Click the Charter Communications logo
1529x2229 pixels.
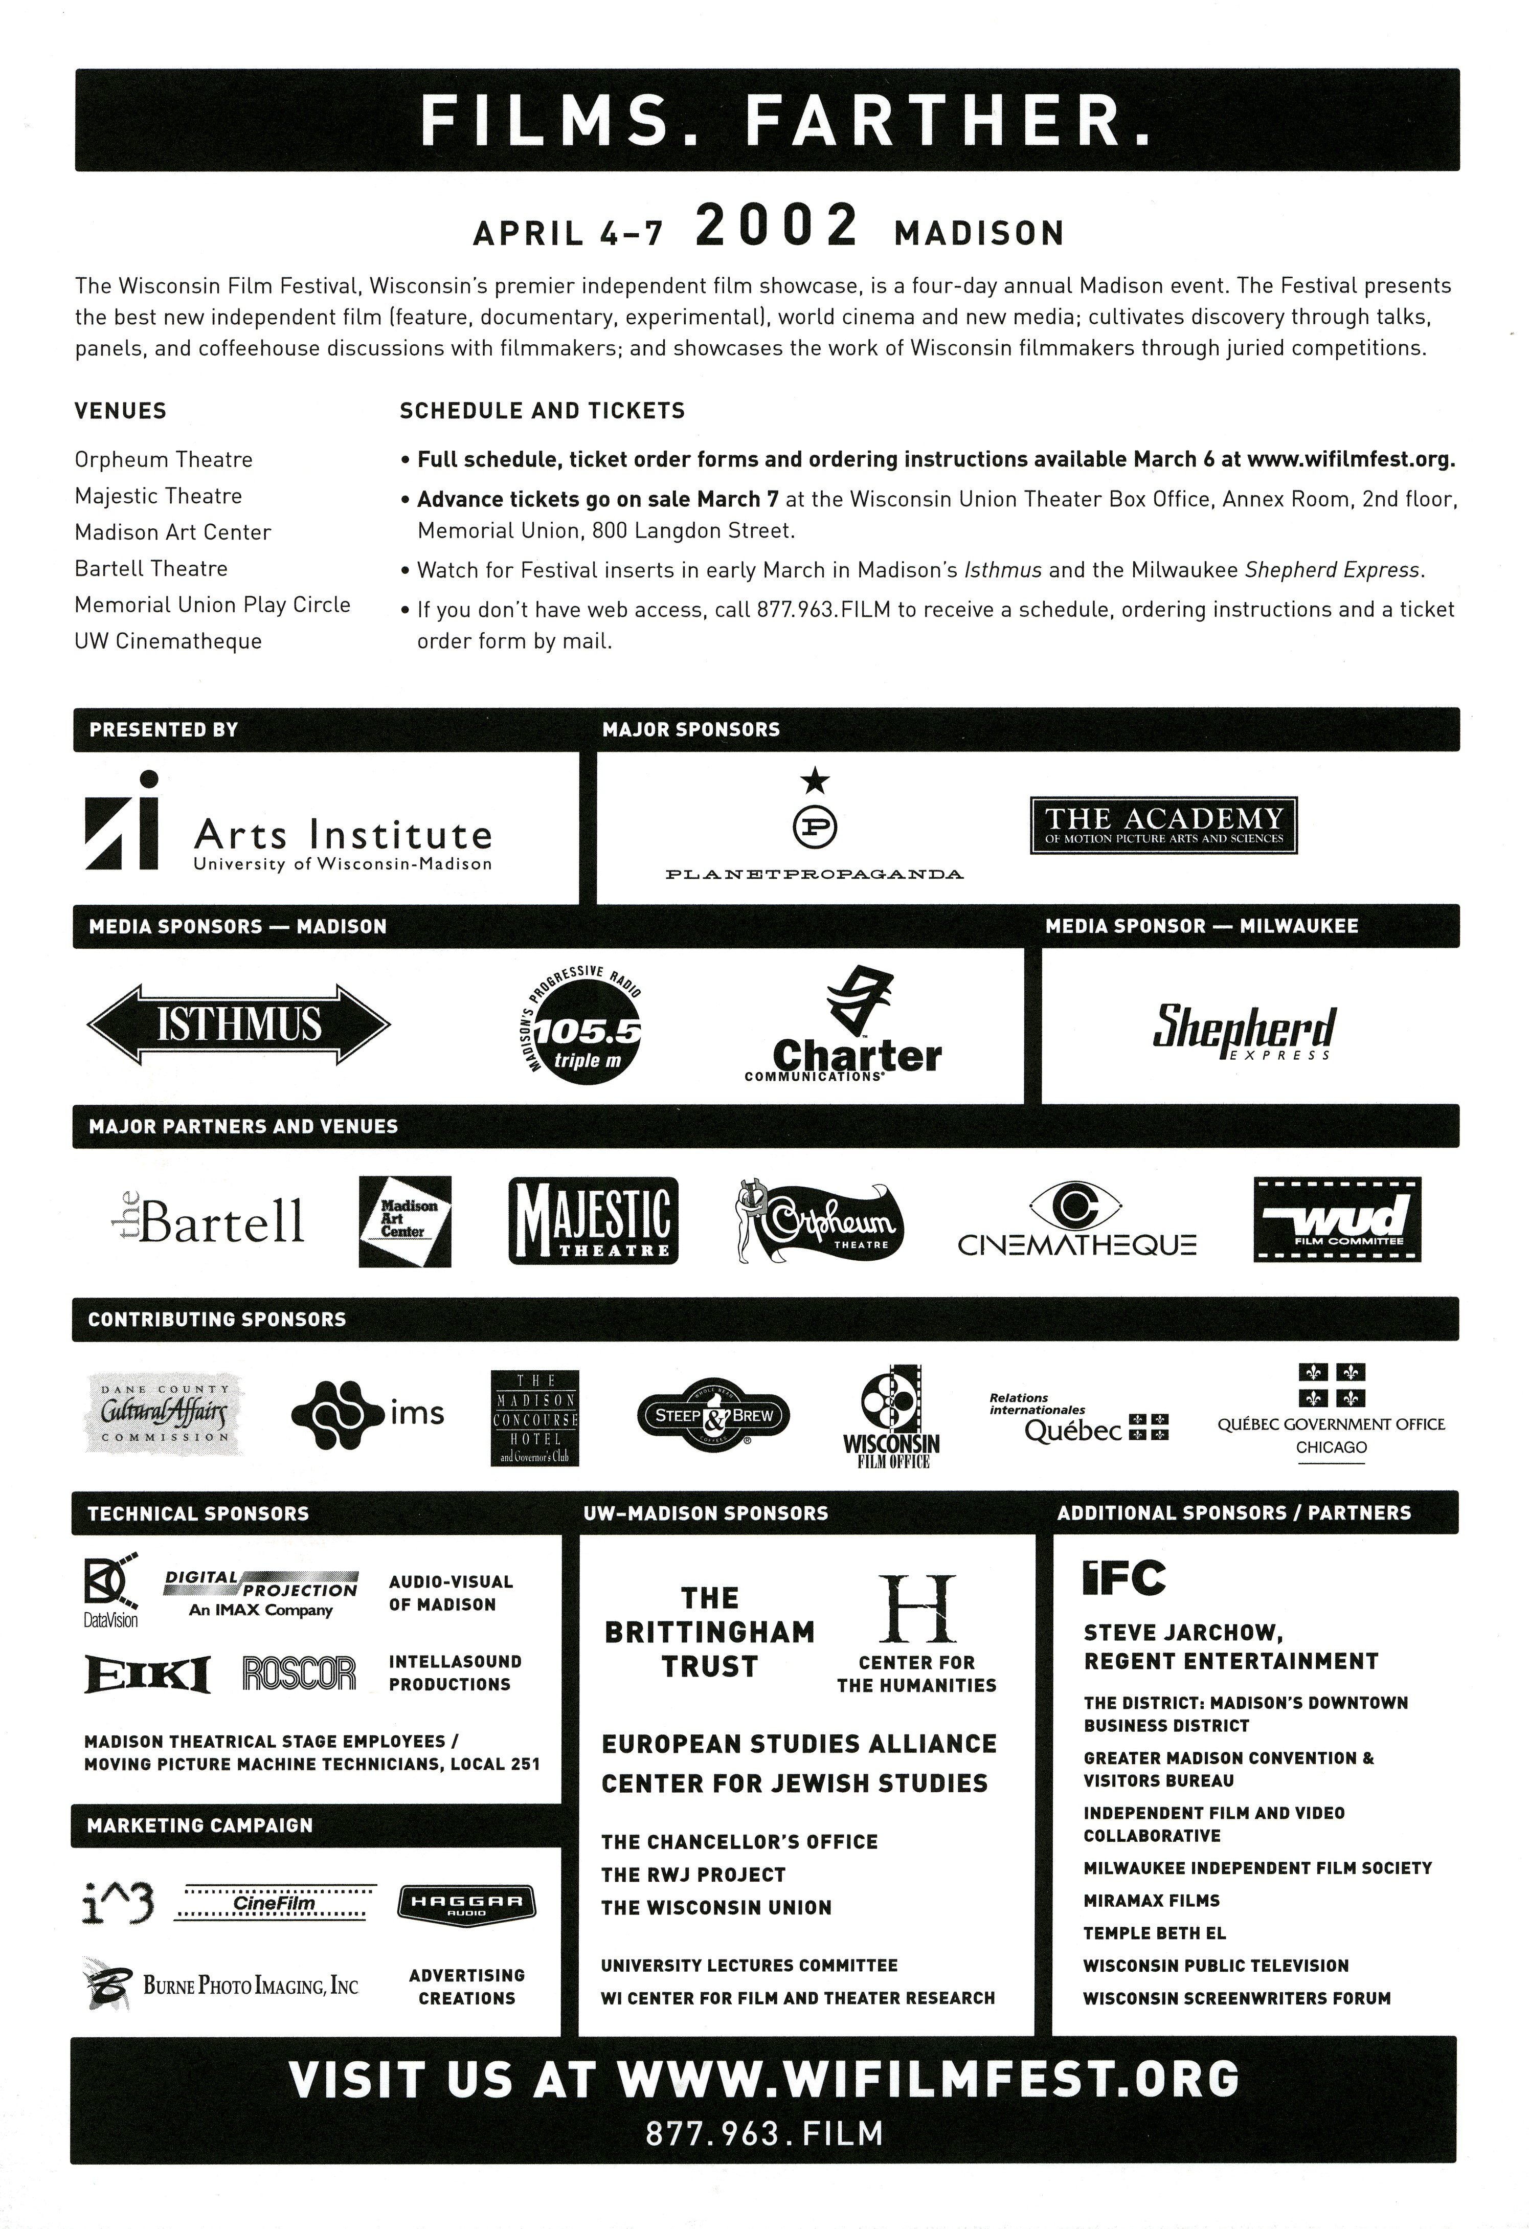[x=844, y=1026]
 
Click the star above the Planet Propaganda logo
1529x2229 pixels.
[x=815, y=782]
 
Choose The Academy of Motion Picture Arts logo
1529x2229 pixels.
[x=1163, y=825]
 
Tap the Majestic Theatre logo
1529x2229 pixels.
[x=593, y=1221]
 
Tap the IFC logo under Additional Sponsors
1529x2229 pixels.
[x=1123, y=1578]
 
